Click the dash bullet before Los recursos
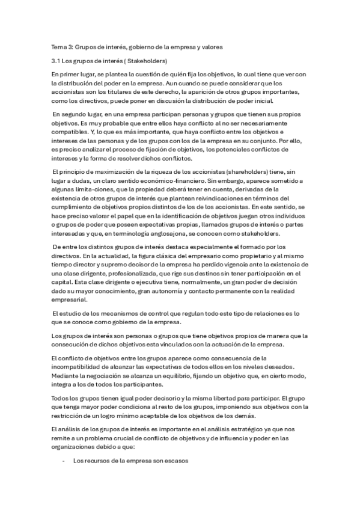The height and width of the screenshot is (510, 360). pos(64,461)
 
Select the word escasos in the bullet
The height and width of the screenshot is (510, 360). pos(175,461)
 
